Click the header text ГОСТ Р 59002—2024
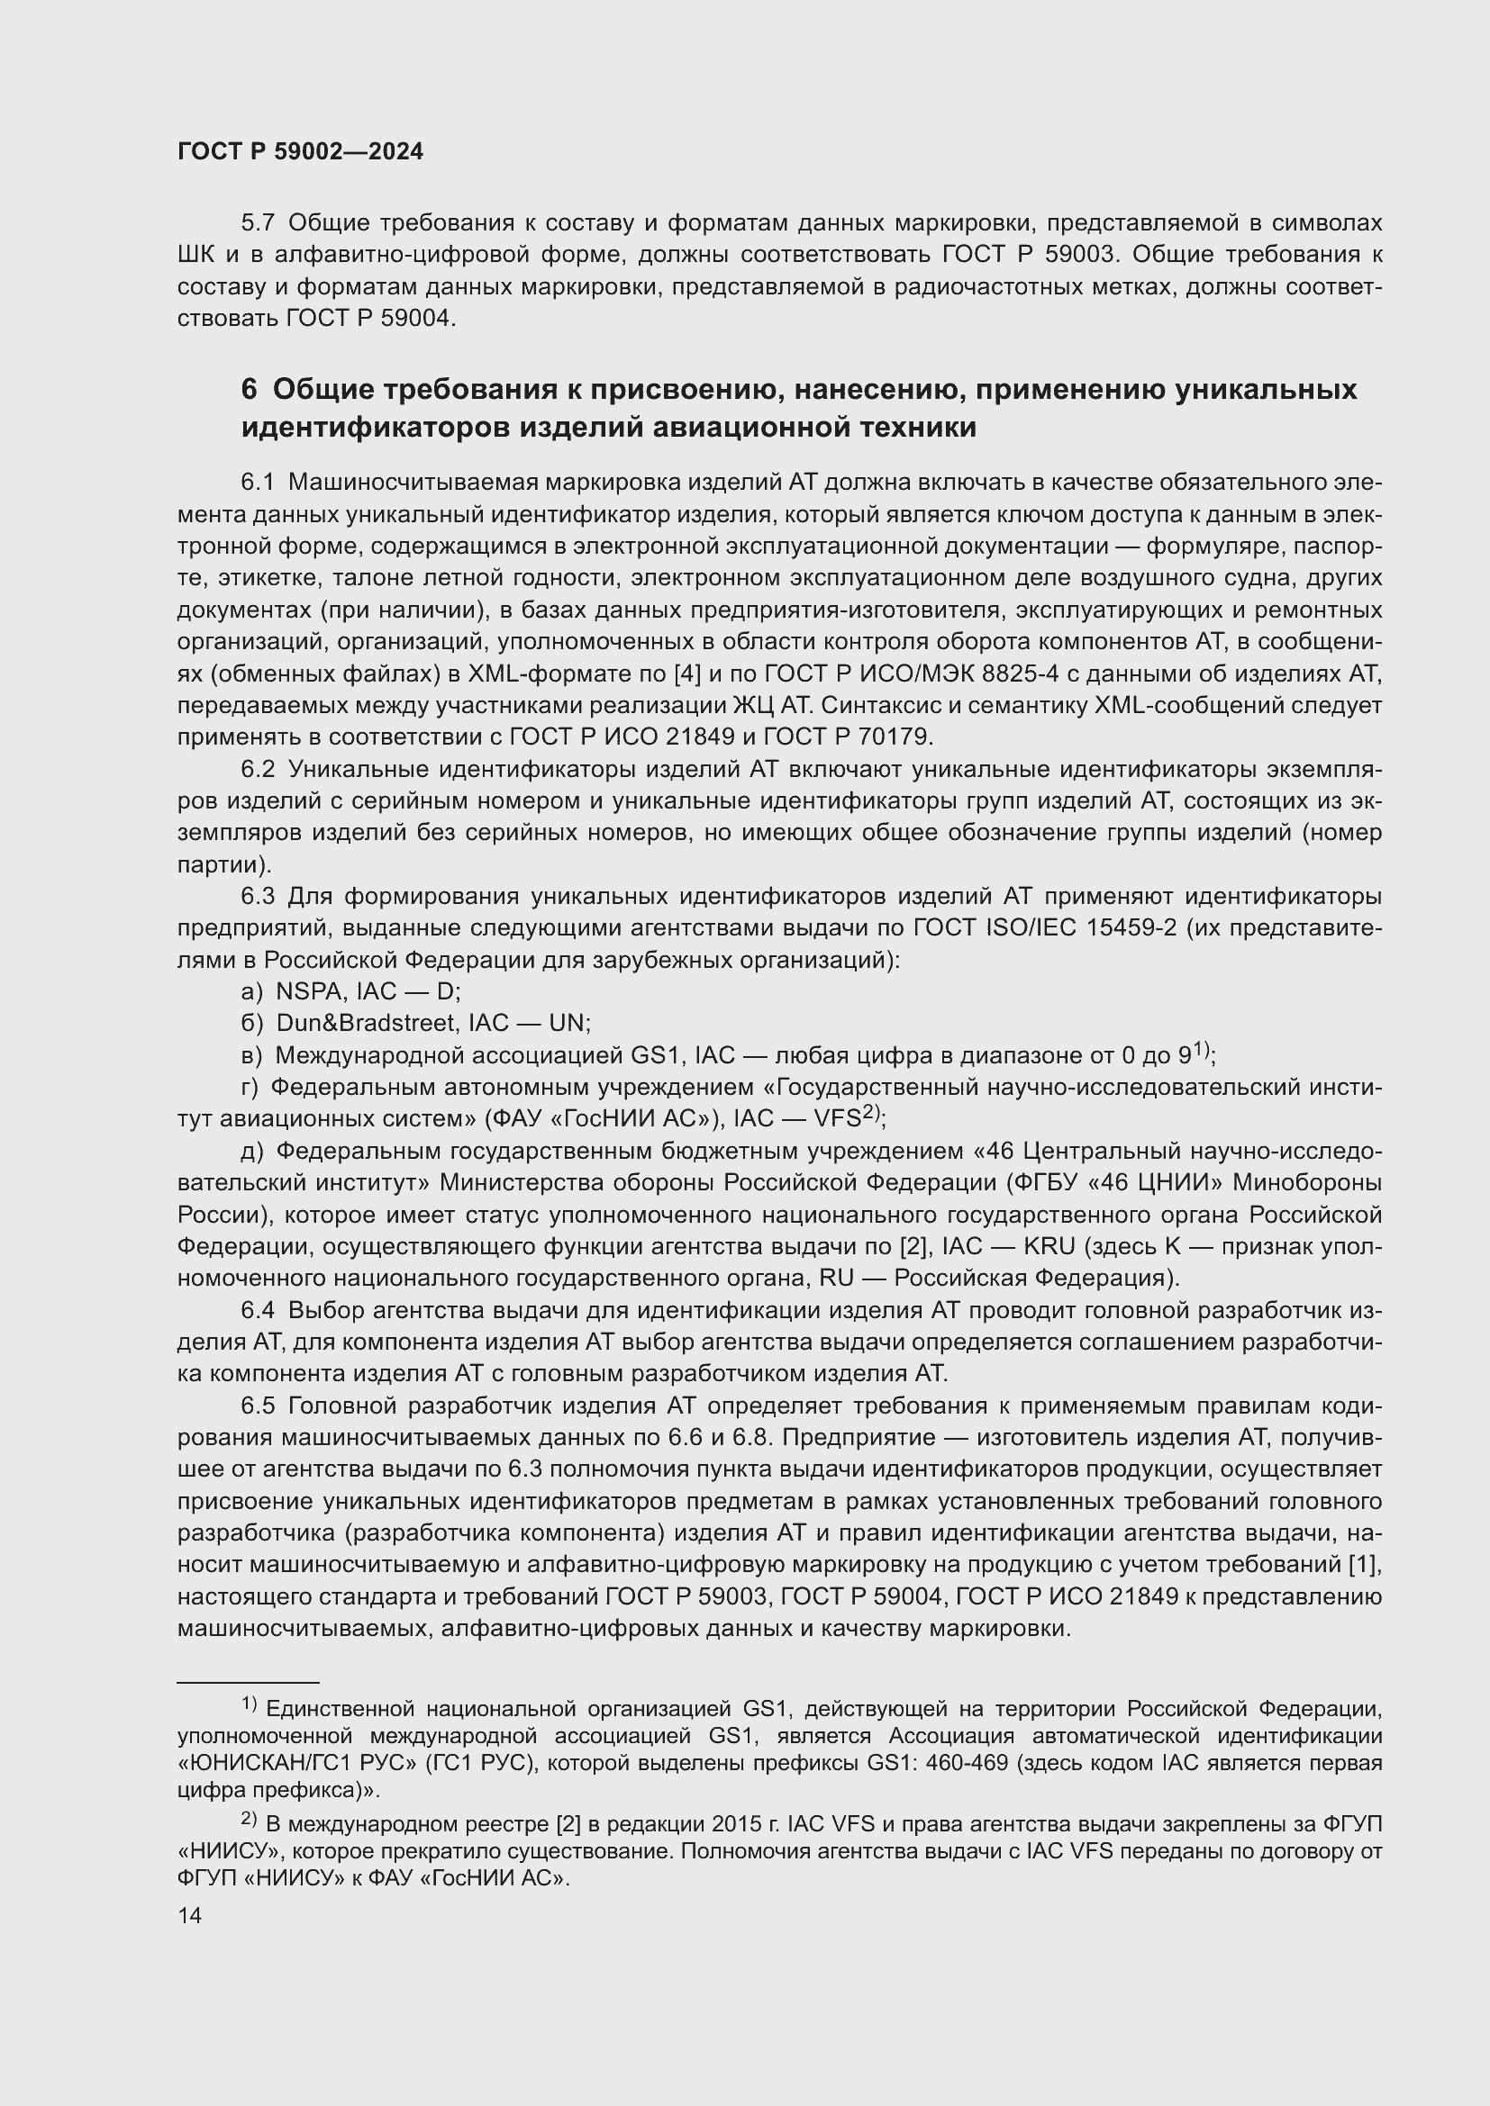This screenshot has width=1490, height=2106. [300, 151]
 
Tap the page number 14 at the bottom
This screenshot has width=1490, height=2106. [189, 1914]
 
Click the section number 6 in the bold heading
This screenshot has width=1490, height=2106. [249, 390]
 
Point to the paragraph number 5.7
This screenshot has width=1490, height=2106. [259, 223]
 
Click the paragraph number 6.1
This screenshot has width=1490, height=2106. [258, 483]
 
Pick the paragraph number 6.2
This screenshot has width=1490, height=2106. [258, 769]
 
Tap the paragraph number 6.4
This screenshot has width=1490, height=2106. [258, 1310]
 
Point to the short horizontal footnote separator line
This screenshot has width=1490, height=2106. [248, 1683]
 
